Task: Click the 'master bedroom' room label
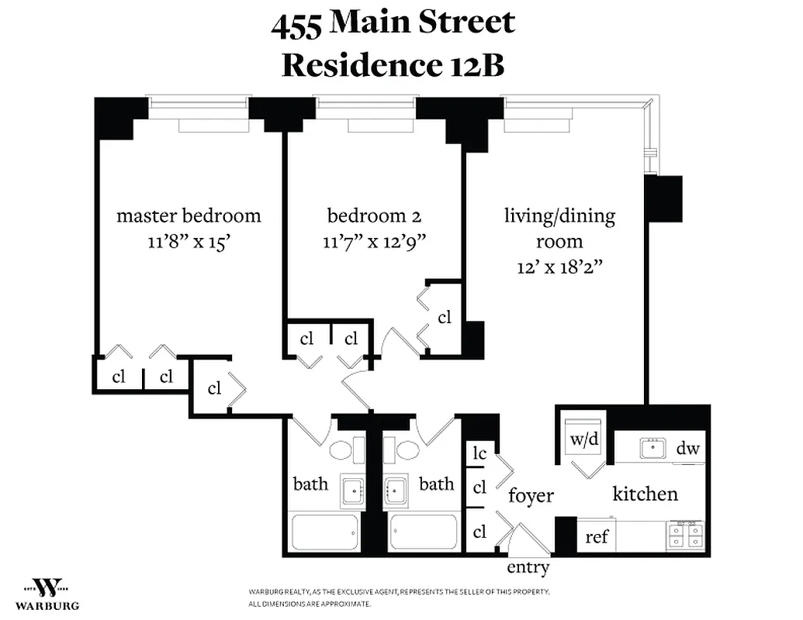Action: pos(189,215)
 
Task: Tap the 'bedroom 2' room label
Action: pos(375,215)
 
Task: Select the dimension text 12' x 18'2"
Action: pos(560,267)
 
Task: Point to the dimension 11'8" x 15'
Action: pos(189,241)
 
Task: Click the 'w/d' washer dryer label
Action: pos(584,439)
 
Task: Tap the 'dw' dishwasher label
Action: pos(688,448)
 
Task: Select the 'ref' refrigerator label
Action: pos(597,536)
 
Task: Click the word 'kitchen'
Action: pos(645,494)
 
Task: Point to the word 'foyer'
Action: pos(531,495)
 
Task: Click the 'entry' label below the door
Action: pos(528,567)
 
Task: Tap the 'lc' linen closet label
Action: pos(479,453)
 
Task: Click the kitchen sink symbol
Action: pos(652,447)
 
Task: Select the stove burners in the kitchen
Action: pos(685,534)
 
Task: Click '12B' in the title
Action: pos(473,65)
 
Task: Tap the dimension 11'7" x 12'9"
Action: pos(375,241)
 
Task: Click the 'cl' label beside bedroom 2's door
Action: pos(445,317)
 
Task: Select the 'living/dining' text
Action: pos(559,215)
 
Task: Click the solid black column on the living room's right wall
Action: pos(663,198)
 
